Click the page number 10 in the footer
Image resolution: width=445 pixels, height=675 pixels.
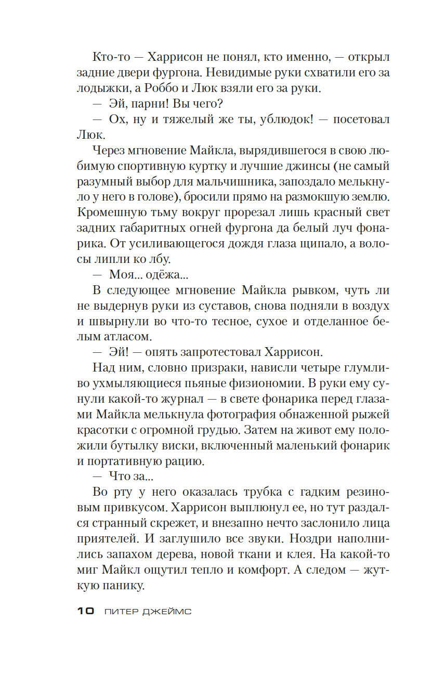click(85, 611)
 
